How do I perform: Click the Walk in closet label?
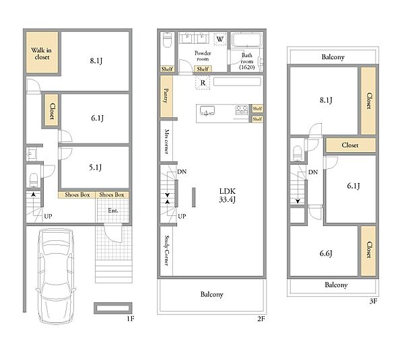42,54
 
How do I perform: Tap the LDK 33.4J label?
228,195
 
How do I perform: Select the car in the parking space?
56,275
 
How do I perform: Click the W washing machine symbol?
220,39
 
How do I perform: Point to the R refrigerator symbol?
203,83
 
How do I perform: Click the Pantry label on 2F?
166,96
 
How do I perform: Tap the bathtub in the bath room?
247,40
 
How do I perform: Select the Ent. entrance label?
113,211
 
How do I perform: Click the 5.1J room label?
96,168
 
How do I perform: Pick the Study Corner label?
167,250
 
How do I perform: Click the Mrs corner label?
167,141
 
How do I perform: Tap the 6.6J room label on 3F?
326,254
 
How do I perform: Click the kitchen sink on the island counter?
207,111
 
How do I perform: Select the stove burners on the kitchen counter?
242,110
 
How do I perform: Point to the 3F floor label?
373,301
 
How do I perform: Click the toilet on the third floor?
298,153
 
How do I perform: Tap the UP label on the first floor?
48,216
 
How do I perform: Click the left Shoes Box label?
77,194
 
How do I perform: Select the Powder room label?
203,56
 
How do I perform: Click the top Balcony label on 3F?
333,57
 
